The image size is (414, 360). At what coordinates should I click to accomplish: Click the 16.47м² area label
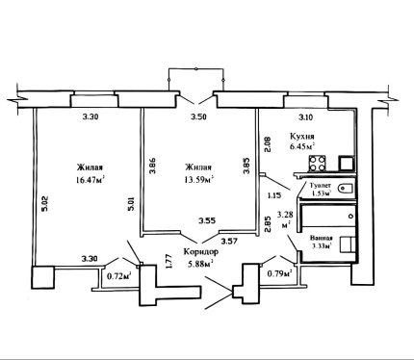point(91,180)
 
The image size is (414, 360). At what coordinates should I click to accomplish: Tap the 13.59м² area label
point(199,180)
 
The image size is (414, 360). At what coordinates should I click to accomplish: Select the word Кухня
point(302,136)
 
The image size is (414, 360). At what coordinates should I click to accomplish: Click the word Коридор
point(201,252)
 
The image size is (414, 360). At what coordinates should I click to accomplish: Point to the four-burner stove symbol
point(317,164)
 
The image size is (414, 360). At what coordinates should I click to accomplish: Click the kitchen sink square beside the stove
point(347,164)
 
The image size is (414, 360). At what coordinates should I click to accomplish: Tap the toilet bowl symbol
point(346,188)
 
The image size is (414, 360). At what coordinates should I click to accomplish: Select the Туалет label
point(320,186)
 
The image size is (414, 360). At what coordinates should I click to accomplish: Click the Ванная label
point(322,239)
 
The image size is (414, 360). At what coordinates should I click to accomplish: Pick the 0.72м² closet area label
point(119,275)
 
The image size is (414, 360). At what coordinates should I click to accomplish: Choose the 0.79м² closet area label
point(279,273)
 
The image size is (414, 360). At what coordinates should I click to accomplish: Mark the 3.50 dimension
point(198,116)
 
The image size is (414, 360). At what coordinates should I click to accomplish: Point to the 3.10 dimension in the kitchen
point(305,117)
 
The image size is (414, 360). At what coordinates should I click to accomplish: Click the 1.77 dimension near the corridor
point(170,262)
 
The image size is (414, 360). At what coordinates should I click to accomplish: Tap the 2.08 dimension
point(268,144)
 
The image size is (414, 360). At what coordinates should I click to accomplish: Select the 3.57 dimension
point(229,241)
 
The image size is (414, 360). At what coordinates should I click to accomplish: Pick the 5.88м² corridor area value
point(201,264)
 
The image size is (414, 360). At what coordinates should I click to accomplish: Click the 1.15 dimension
point(274,195)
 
